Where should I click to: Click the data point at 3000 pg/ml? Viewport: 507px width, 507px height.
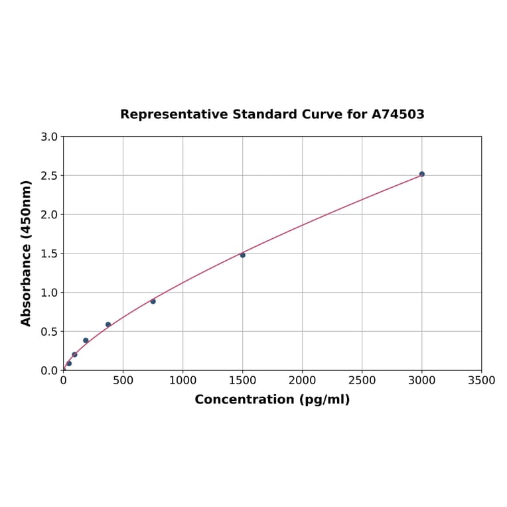pos(421,174)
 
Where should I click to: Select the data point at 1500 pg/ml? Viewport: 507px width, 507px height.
pos(242,255)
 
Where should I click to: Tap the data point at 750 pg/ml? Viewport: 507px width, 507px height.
pos(153,301)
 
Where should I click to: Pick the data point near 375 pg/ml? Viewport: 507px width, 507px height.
pos(108,325)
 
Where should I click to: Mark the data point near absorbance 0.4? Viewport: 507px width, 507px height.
pos(86,340)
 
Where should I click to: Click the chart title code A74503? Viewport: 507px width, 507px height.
pos(398,114)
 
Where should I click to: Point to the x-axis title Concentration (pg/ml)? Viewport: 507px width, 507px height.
pos(272,399)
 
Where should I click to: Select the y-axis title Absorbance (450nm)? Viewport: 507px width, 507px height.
pos(27,253)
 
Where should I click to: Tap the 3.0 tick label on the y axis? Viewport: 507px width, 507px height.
pos(49,137)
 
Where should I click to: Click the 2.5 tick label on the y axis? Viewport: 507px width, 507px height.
pos(49,176)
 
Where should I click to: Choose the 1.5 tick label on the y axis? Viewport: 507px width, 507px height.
pos(49,254)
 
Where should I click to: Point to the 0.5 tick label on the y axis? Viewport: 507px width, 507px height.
pos(49,331)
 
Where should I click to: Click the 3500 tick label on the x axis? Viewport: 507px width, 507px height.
pos(481,380)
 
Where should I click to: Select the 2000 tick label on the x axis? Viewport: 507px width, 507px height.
pos(302,380)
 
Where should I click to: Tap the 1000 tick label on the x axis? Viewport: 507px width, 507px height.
pos(182,380)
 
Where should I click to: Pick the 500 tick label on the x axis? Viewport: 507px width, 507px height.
pos(123,380)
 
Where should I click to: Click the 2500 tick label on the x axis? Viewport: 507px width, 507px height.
pos(362,380)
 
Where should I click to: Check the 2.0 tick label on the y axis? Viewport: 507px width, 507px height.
pos(49,214)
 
